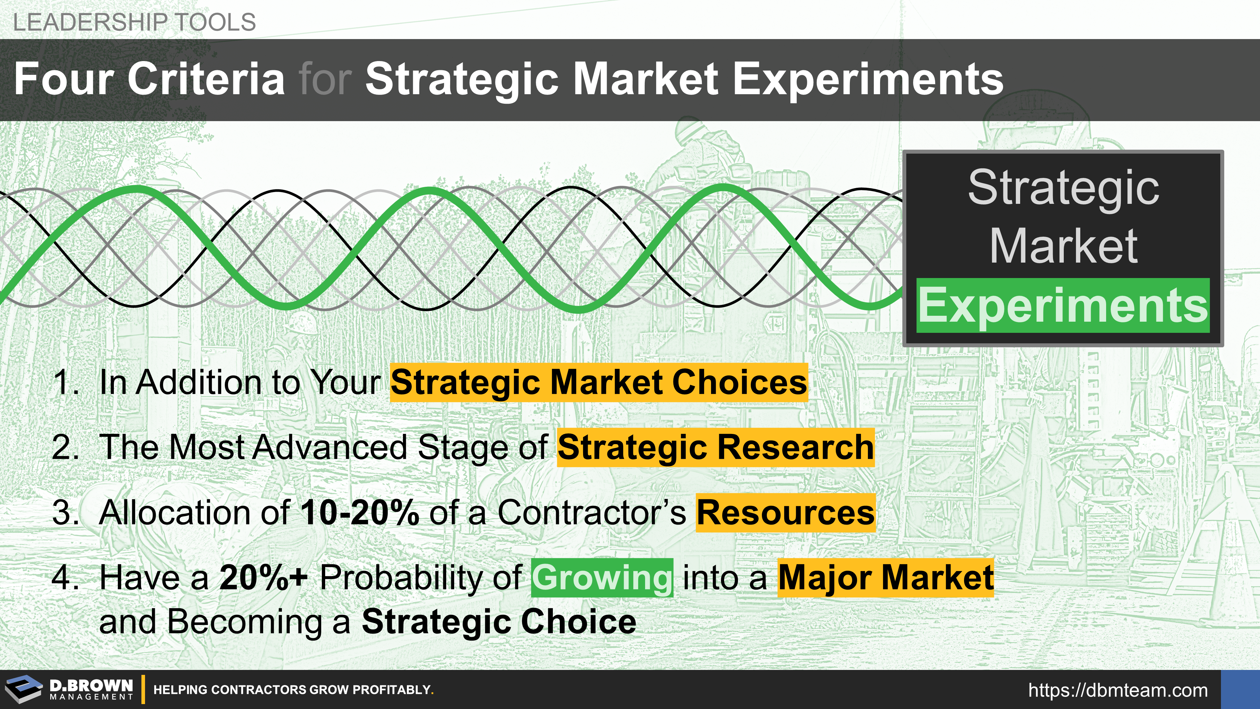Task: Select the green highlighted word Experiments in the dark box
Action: pyautogui.click(x=1063, y=305)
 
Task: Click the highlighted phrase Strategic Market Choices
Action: pyautogui.click(x=599, y=382)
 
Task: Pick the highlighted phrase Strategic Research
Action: pyautogui.click(x=716, y=447)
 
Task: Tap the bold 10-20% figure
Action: pyautogui.click(x=360, y=512)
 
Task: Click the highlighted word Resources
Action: pyautogui.click(x=786, y=513)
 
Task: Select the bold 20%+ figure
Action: pyautogui.click(x=263, y=577)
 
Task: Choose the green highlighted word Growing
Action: pyautogui.click(x=602, y=578)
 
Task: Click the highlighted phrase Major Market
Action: pyautogui.click(x=886, y=578)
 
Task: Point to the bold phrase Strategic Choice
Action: pyautogui.click(x=499, y=621)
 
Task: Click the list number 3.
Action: pyautogui.click(x=65, y=512)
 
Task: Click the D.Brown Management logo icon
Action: pyautogui.click(x=24, y=689)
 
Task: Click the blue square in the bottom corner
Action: pyautogui.click(x=1240, y=689)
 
